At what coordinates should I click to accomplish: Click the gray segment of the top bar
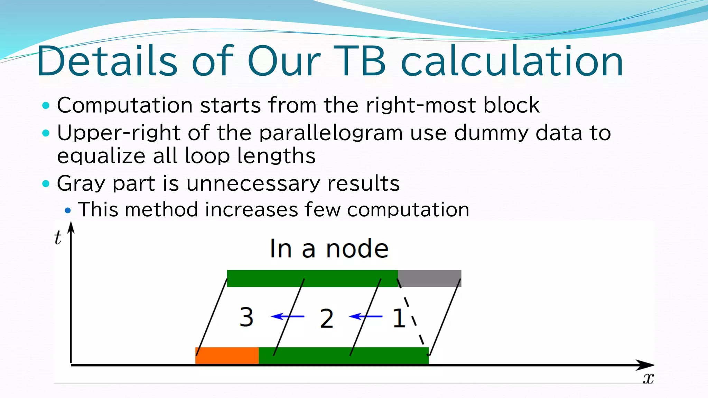(429, 278)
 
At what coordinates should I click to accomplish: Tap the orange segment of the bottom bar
(227, 356)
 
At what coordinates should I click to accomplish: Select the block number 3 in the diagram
(246, 317)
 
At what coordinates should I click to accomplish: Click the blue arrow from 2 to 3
(287, 316)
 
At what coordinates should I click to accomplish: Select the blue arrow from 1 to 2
(365, 316)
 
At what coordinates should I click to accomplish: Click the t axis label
(58, 238)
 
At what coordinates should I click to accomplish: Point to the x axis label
(648, 379)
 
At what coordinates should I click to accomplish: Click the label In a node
(329, 248)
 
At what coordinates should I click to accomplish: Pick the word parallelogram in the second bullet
(331, 133)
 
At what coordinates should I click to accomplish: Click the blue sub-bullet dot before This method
(68, 210)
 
